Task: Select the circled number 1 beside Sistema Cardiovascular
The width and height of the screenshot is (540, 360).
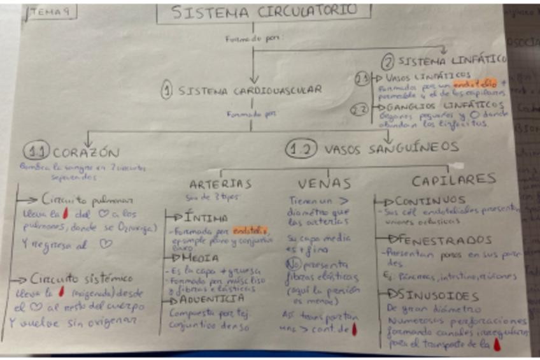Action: pyautogui.click(x=167, y=90)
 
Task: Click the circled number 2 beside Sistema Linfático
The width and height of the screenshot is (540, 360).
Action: pyautogui.click(x=388, y=62)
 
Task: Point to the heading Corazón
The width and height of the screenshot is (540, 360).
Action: pyautogui.click(x=86, y=153)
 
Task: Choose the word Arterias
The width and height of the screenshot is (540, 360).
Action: pyautogui.click(x=220, y=184)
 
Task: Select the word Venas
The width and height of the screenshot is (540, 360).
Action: pyautogui.click(x=324, y=184)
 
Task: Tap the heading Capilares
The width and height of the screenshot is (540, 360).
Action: pyautogui.click(x=453, y=180)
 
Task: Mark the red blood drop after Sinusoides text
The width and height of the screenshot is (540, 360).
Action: pyautogui.click(x=497, y=345)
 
